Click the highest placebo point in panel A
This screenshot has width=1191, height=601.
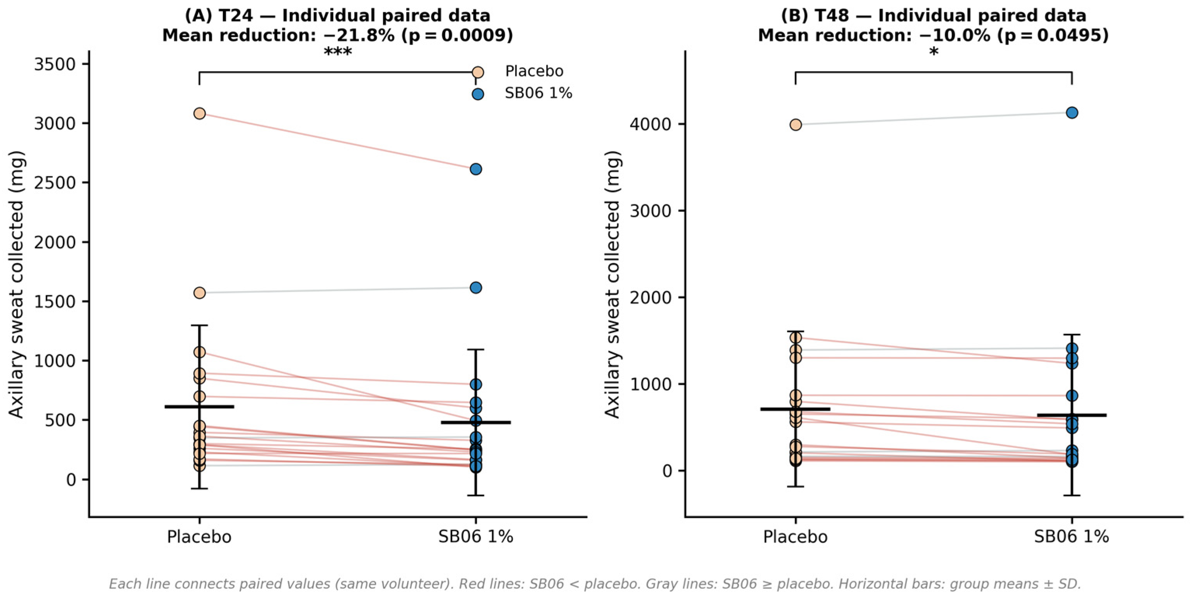199,113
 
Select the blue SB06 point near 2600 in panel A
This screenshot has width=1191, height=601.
476,169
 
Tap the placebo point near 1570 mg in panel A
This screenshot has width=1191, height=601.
199,293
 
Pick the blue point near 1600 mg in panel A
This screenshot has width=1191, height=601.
476,287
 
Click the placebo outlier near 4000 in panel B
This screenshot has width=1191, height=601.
796,125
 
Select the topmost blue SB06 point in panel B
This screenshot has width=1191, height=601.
1072,113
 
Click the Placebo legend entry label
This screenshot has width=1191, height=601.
534,71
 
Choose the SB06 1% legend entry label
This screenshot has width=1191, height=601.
538,93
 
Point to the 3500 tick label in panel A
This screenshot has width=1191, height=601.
54,64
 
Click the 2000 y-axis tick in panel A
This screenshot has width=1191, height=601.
54,242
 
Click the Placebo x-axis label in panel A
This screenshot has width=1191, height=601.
199,537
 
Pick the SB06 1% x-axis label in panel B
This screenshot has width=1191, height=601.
1072,537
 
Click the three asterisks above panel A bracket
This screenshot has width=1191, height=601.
338,52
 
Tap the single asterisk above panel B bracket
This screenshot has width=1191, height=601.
934,52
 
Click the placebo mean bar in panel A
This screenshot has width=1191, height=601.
199,407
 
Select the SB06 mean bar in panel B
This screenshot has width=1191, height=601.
1072,415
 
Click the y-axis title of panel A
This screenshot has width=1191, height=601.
16,285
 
